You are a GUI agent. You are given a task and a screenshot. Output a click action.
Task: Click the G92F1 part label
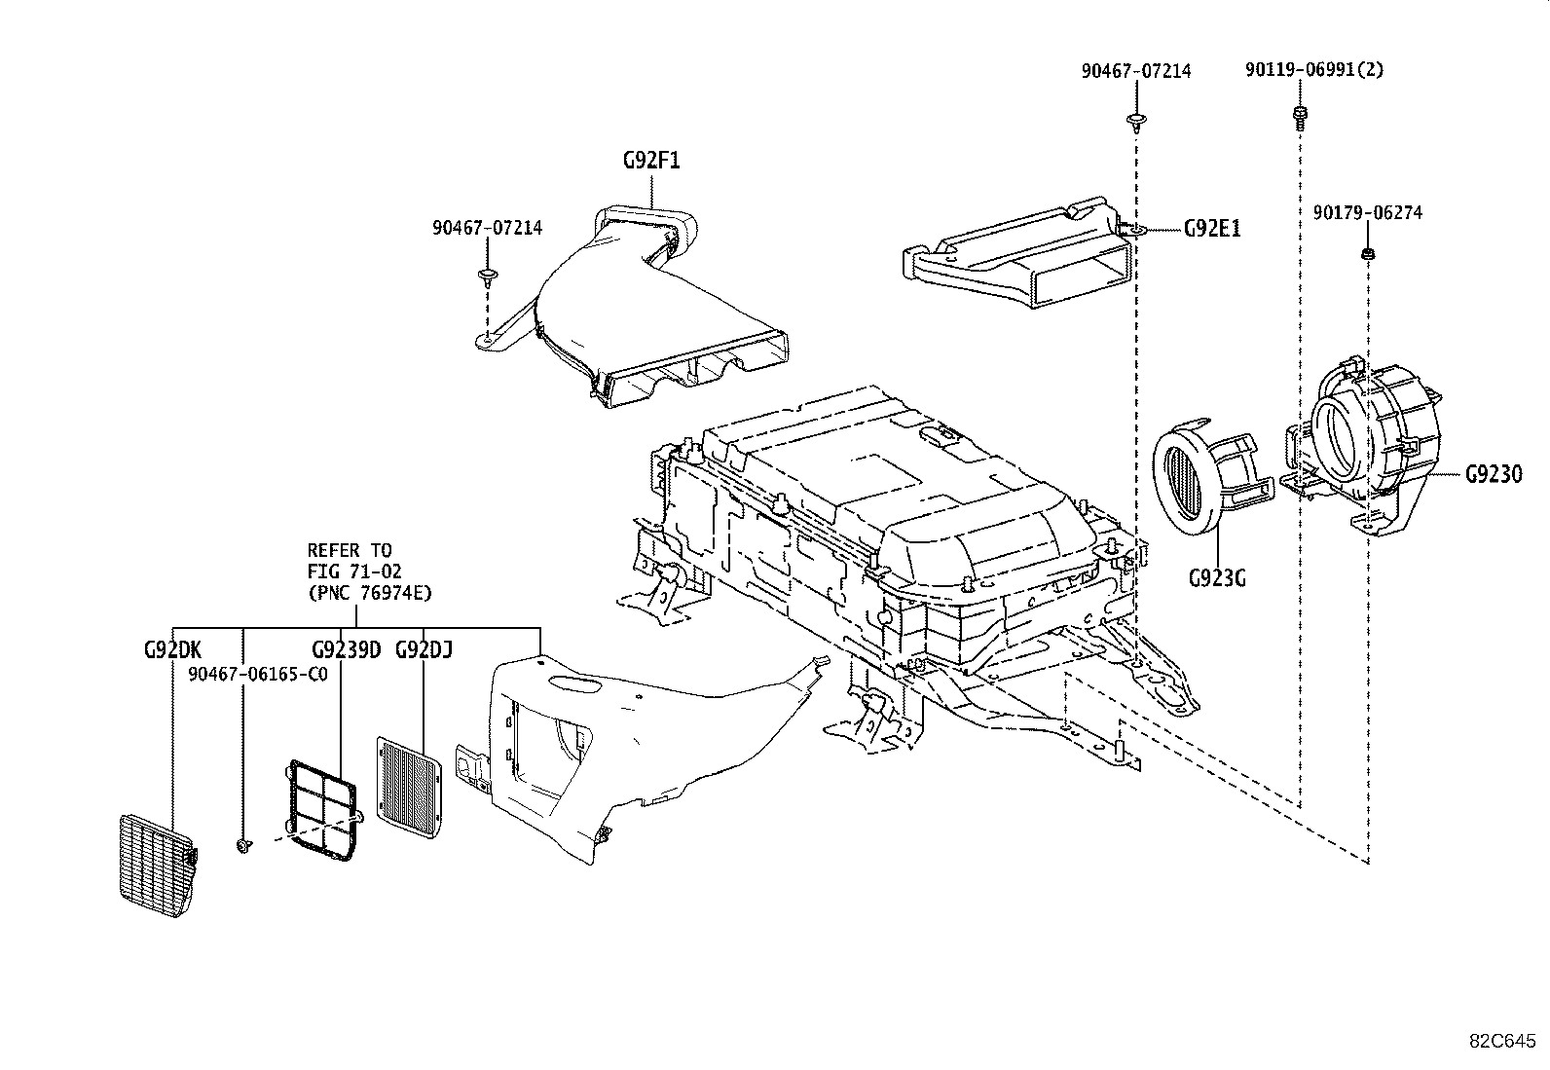click(x=650, y=161)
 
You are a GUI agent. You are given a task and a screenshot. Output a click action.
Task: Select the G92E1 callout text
click(x=1212, y=230)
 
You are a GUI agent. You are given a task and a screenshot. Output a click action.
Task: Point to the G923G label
click(x=1216, y=578)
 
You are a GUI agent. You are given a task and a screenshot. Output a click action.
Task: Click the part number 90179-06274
click(x=1367, y=213)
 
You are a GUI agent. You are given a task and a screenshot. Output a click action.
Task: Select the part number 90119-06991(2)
click(x=1313, y=70)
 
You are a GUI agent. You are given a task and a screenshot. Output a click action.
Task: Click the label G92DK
click(x=172, y=650)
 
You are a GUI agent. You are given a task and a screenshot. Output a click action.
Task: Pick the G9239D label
click(x=346, y=650)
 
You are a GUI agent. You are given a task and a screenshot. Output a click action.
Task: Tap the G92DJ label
click(x=424, y=650)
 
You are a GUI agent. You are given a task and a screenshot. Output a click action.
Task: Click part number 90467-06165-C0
click(x=257, y=674)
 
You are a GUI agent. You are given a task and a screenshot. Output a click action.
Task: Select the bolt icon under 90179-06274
click(x=1367, y=254)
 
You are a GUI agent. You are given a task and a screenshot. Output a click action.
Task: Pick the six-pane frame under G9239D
click(x=322, y=808)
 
